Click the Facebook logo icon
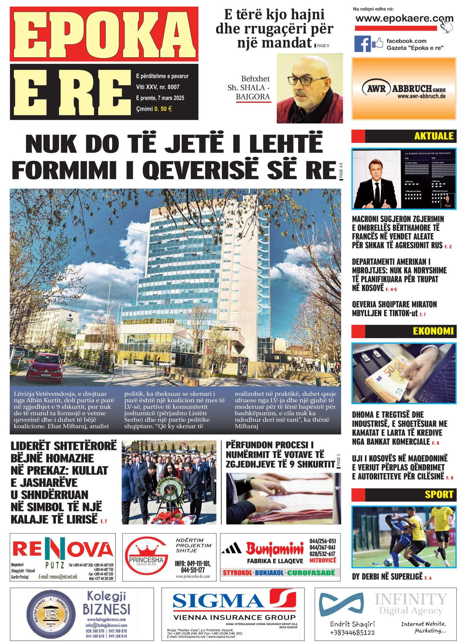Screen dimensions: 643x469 362,44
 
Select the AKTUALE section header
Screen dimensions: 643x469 434,136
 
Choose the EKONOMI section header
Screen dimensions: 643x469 433,331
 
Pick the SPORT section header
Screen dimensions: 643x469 439,494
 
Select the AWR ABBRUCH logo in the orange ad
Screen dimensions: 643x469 404,89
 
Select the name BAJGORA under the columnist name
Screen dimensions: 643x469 253,97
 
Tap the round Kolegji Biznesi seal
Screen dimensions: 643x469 51,614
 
